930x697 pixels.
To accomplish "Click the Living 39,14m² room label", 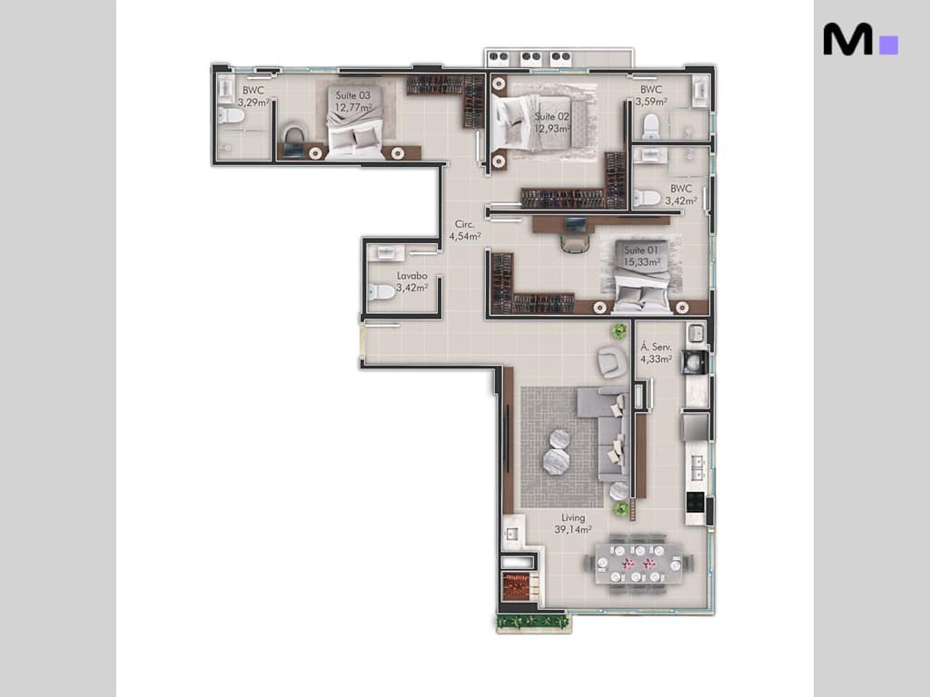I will (573, 523).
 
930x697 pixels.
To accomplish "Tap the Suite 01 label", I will (641, 256).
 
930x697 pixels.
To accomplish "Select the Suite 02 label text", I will (551, 123).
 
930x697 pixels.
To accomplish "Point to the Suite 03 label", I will (353, 101).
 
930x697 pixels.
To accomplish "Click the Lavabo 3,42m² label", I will (411, 281).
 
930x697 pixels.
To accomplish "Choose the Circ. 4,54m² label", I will (464, 231).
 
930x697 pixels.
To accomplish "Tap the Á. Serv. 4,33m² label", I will (656, 352).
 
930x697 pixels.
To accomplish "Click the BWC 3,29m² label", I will (253, 96).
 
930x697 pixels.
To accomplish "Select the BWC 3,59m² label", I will (650, 96).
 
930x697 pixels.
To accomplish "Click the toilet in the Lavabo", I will (381, 291).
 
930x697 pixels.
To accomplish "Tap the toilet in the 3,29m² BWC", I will (231, 116).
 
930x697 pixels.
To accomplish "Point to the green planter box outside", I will (533, 622).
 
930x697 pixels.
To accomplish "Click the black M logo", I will (847, 40).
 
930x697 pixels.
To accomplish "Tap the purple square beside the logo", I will (889, 45).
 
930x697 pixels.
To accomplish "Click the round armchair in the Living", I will (611, 361).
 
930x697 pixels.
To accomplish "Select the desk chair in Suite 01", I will (574, 243).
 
